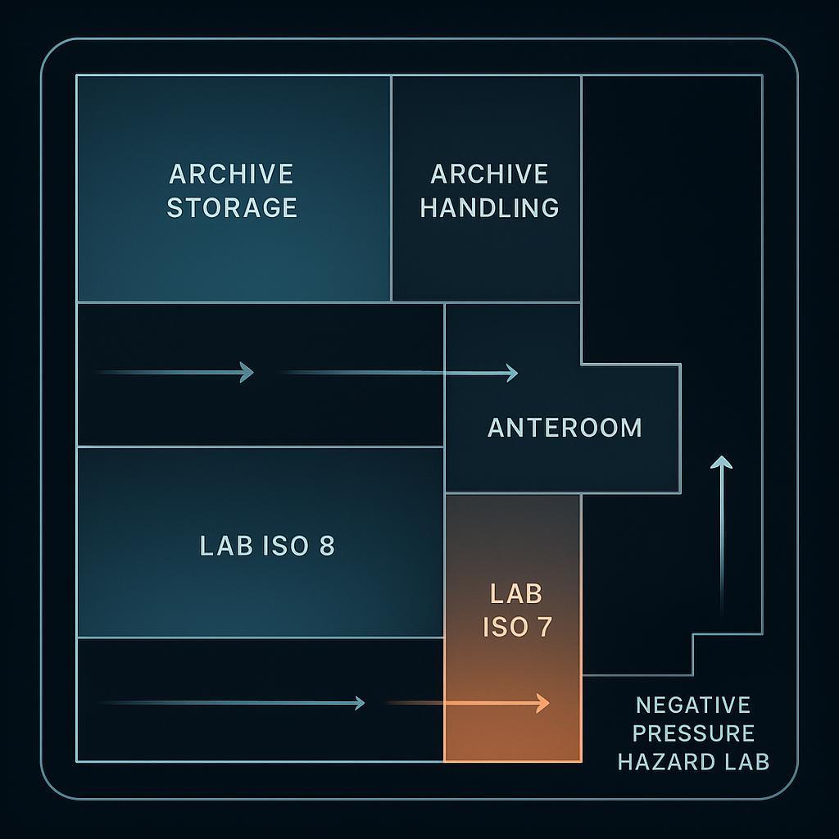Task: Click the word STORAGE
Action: point(232,207)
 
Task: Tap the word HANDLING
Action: point(490,207)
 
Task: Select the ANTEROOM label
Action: point(565,428)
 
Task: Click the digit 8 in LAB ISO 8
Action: point(326,546)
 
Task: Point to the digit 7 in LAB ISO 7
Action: point(544,627)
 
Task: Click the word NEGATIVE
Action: point(693,705)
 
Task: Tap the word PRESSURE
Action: point(693,733)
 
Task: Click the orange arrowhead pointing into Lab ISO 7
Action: point(542,702)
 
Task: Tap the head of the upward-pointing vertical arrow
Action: point(721,462)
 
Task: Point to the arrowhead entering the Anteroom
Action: point(512,373)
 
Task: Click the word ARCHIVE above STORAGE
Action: point(231,174)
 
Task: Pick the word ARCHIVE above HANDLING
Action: point(490,174)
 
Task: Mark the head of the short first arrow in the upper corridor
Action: point(247,373)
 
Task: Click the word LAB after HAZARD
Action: point(749,761)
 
